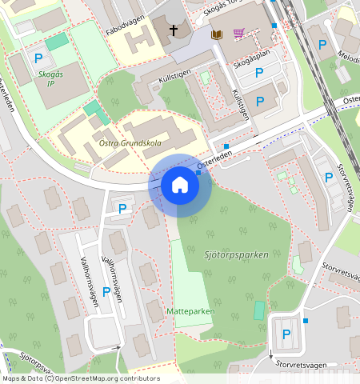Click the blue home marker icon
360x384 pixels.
(180, 186)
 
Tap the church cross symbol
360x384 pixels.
(174, 31)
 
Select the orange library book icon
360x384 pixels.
(215, 34)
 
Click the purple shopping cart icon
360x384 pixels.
(238, 34)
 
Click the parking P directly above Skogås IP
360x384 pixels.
(38, 58)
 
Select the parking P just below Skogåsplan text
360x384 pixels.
(259, 74)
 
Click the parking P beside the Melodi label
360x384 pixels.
(323, 45)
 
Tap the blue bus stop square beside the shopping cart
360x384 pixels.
(274, 26)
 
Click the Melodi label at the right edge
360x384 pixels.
(349, 58)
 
